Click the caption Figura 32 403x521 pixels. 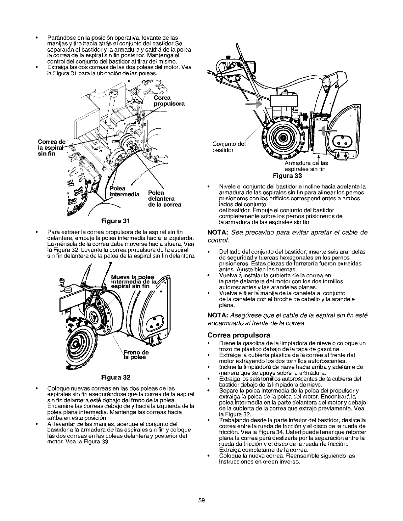pos(114,376)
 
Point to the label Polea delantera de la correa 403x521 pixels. pos(164,198)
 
